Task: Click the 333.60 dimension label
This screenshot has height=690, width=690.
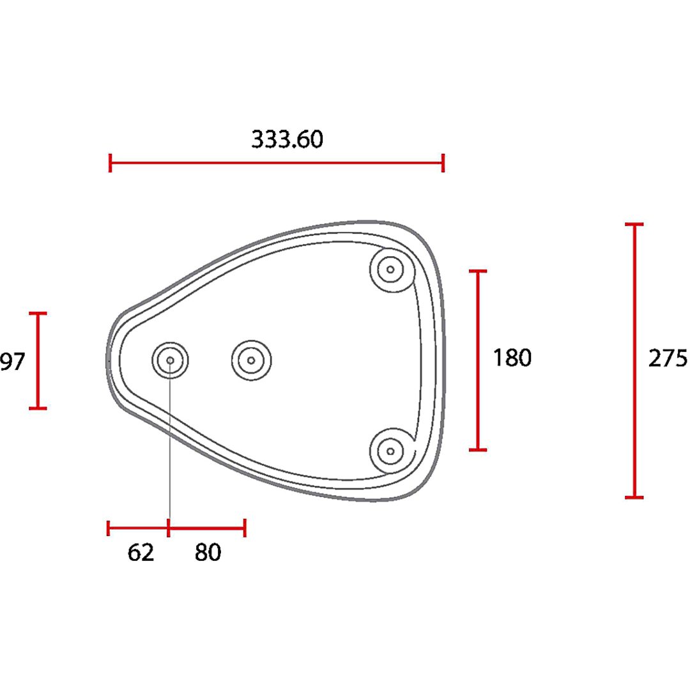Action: tap(287, 139)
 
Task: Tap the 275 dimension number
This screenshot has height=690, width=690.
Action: tap(668, 358)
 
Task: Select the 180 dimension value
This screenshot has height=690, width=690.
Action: tap(512, 357)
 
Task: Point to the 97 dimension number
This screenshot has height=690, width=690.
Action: tap(13, 362)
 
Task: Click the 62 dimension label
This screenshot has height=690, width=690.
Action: tap(141, 552)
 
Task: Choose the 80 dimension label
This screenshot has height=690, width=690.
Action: tap(208, 552)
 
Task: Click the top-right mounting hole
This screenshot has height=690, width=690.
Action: tap(390, 270)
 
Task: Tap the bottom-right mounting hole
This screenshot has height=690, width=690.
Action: tap(390, 451)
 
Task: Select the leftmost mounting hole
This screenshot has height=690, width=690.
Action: tap(171, 360)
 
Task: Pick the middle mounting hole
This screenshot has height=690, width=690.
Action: tap(251, 360)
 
